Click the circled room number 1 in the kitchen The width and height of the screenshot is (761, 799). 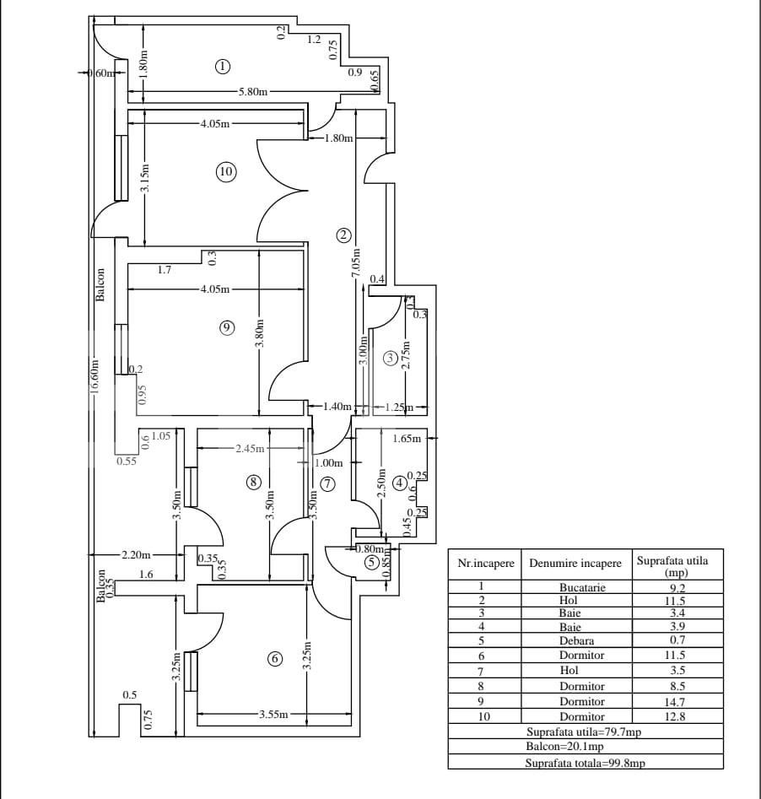223,66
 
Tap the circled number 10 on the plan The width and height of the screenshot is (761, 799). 225,172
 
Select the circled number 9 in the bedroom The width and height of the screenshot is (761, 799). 226,328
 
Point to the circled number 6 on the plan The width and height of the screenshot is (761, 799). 274,659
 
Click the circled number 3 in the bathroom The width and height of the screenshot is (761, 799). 390,358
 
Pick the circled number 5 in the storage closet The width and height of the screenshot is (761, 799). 371,563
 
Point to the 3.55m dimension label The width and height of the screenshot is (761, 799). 273,715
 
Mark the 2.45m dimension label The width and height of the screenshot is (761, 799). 251,449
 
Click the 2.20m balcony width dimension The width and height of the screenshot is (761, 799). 136,554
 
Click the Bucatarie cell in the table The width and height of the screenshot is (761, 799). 582,587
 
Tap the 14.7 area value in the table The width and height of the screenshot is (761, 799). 677,700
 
